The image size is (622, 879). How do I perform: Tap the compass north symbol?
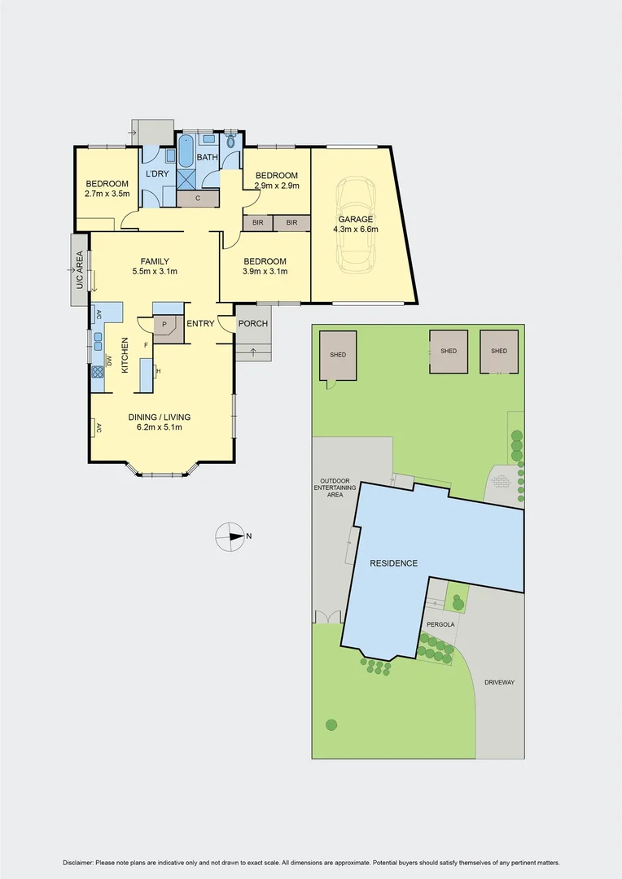230,536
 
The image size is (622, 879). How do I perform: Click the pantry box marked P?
164,324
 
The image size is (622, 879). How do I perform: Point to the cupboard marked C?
197,198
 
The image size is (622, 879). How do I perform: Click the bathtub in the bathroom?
186,152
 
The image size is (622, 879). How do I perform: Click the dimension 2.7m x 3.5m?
107,194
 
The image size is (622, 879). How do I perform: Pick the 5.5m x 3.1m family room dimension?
154,272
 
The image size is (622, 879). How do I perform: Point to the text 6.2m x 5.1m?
160,427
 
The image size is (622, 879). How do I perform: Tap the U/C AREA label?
80,270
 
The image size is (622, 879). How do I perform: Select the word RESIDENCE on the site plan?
393,563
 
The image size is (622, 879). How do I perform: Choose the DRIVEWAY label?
499,682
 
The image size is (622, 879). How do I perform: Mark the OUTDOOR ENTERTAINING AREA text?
334,487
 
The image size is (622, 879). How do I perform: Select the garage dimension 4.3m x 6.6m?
356,230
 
